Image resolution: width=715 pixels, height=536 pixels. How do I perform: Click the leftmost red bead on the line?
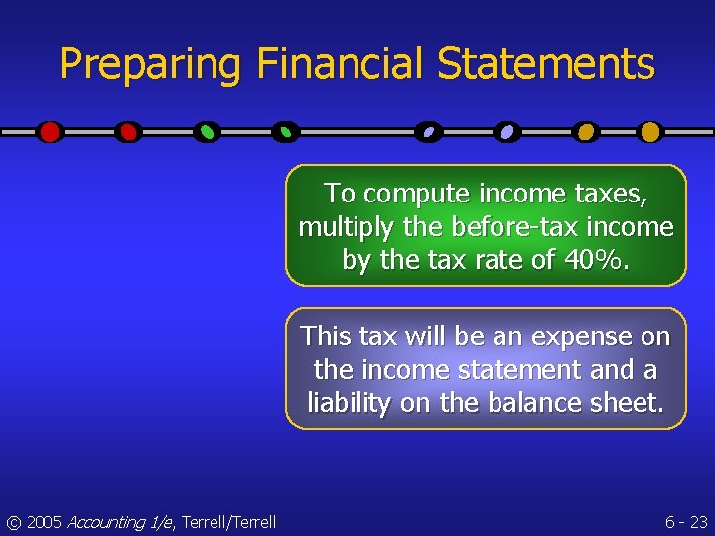tap(50, 131)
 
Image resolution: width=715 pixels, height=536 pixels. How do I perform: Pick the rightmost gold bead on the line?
tap(649, 131)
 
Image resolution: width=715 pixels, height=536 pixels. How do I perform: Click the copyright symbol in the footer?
tap(13, 522)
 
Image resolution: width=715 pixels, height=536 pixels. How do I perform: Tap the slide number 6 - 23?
tap(685, 522)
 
